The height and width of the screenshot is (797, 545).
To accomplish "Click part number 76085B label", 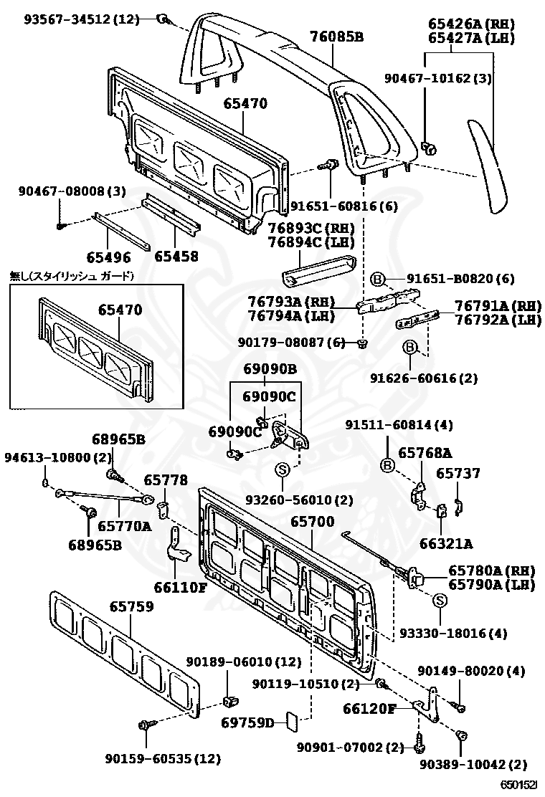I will pos(336,36).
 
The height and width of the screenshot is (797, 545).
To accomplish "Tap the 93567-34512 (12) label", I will pos(81,19).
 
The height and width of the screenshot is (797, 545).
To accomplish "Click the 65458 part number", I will pos(176,256).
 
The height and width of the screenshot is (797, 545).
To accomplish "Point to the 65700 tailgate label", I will pos(312,522).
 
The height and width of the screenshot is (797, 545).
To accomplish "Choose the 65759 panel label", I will pos(131,606).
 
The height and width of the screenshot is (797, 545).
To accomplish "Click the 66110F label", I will pos(180,588).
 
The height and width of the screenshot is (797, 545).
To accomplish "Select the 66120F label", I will pos(369,709).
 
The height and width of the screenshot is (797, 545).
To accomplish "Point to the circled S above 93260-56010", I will pos(282,469).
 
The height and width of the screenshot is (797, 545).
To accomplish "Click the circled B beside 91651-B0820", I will pos(378,279).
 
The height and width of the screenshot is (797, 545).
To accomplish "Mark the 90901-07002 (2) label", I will pos(351,748).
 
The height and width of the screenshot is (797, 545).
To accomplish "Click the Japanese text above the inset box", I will pos(72,275).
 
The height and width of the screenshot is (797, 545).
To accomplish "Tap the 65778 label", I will pos(166,480).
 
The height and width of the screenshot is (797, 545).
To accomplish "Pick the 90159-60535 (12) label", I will pos(162,758).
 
